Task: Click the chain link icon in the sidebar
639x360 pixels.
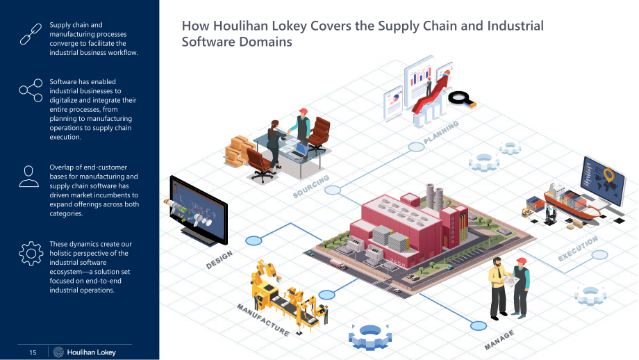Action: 31,34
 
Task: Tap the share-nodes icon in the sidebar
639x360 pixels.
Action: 31,90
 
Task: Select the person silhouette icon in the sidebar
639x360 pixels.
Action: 29,176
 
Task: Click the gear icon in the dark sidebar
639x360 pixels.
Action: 31,254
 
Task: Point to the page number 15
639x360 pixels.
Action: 33,352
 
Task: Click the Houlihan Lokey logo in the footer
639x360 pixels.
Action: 85,352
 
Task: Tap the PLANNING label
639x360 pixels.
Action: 441,132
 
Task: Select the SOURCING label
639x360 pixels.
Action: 311,186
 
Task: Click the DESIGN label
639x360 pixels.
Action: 219,260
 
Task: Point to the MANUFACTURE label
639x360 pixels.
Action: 263,320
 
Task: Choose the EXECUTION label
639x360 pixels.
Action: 578,249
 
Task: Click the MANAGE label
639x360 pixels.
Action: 499,340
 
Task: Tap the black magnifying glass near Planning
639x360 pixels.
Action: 462,99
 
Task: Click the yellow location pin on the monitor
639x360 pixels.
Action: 608,175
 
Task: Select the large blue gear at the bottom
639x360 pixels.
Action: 370,337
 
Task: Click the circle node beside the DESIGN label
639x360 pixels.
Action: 254,241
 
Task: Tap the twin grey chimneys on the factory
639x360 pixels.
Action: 434,197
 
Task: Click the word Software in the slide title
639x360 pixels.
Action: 208,42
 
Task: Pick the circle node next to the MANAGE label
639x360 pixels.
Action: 479,326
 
